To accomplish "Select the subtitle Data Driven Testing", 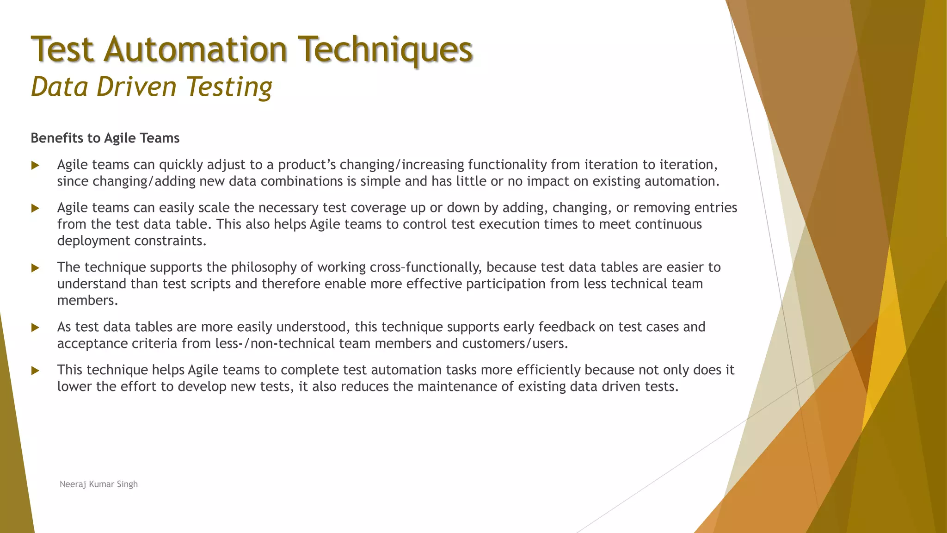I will [x=152, y=87].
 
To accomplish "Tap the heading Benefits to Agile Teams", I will [x=105, y=138].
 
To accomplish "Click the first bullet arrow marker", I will [x=35, y=165].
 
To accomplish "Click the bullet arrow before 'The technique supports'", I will [x=35, y=268].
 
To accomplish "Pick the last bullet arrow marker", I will [x=35, y=371].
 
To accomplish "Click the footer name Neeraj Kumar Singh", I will [x=98, y=484].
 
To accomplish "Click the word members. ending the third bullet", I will [x=87, y=301].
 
